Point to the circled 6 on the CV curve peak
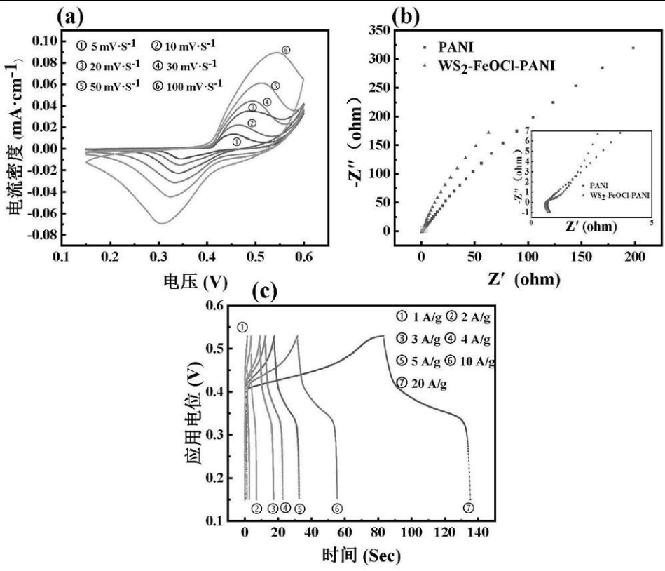click(285, 50)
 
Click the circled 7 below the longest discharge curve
click(469, 508)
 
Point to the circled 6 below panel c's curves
click(336, 509)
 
